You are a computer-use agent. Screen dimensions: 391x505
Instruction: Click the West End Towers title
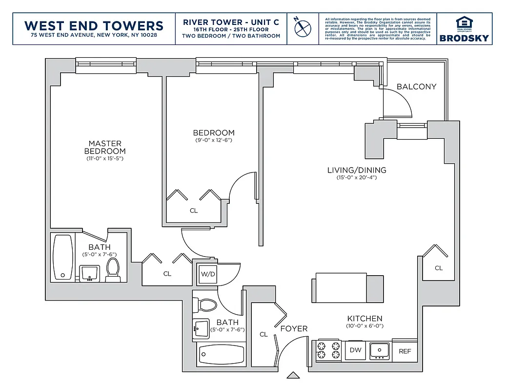[x=94, y=25]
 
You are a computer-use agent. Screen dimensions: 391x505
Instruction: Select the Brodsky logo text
[x=464, y=38]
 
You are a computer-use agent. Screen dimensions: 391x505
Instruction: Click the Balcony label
[x=416, y=87]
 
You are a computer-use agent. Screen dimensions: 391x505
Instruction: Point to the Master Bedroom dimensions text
[x=104, y=159]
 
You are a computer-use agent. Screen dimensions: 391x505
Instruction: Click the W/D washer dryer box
[x=208, y=274]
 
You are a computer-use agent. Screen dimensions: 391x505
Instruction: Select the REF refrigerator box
[x=404, y=351]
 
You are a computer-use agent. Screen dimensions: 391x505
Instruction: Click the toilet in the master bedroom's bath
[x=113, y=270]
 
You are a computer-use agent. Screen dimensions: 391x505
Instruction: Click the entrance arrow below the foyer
[x=293, y=375]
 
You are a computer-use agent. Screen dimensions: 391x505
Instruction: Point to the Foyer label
[x=294, y=329]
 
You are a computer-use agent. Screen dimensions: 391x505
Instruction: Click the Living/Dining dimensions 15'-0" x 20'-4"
[x=357, y=177]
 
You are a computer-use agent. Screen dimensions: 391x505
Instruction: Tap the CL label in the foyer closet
[x=263, y=335]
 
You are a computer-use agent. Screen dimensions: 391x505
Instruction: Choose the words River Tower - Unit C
[x=231, y=22]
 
